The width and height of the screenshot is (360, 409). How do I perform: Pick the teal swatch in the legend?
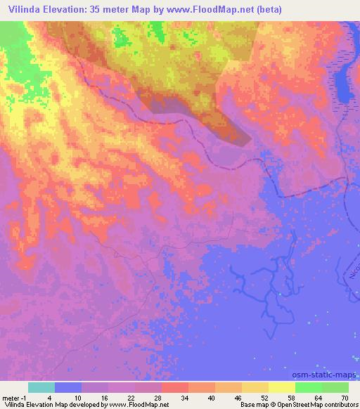tap(41, 387)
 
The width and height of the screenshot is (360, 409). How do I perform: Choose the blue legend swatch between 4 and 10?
tap(67, 387)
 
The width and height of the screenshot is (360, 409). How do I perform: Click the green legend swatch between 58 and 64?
tap(308, 387)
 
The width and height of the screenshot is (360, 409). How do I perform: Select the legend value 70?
tap(344, 397)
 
